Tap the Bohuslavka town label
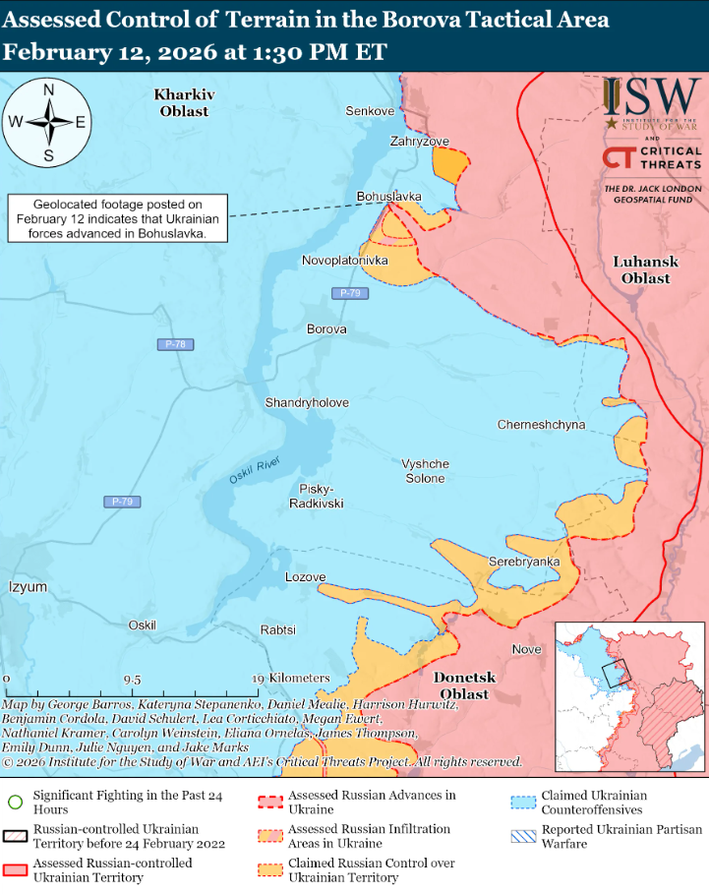(x=388, y=197)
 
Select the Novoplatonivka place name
(x=344, y=260)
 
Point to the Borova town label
(x=326, y=328)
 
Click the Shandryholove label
(x=307, y=403)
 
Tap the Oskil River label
(x=255, y=470)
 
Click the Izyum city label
(x=28, y=587)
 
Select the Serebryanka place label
(x=524, y=562)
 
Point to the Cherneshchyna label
(x=541, y=425)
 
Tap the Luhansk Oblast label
(x=641, y=269)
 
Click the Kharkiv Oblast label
(x=184, y=102)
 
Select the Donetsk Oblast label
(x=464, y=686)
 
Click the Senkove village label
(x=370, y=111)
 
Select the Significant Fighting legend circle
(x=15, y=800)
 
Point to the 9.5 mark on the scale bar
(x=132, y=680)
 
